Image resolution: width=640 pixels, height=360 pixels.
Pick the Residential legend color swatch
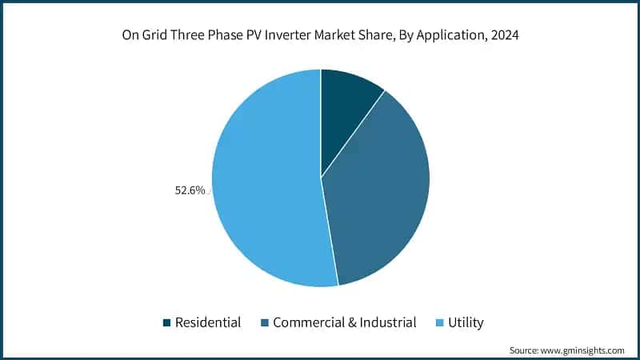point(166,322)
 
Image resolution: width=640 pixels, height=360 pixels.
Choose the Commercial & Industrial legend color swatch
point(263,322)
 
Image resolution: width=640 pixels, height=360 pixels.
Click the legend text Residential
point(208,322)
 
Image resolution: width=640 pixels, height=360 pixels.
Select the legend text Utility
point(467,322)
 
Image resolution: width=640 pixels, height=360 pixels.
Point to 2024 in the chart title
point(505,36)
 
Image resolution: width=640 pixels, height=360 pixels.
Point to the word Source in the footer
point(526,350)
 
